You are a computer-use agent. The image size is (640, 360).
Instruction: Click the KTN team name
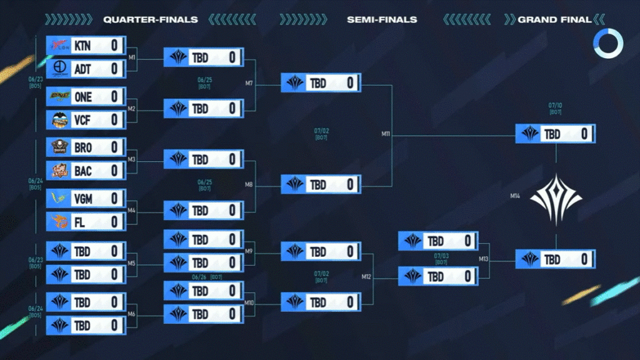coord(82,46)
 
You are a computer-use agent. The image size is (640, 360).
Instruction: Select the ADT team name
coord(82,69)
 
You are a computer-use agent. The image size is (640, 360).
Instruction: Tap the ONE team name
coord(82,97)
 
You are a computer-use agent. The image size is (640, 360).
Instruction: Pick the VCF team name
coord(82,119)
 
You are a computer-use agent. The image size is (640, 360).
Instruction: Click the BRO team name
coord(82,147)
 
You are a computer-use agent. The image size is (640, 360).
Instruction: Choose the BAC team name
coord(82,171)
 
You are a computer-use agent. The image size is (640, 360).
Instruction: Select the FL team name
coord(79,222)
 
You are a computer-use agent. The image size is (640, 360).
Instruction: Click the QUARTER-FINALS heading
coord(151,19)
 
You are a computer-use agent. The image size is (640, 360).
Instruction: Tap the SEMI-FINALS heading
coord(382,19)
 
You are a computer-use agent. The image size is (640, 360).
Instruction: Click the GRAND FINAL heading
coord(554,19)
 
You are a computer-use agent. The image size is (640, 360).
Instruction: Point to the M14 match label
coord(515,196)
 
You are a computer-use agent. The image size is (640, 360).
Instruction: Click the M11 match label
coord(386,134)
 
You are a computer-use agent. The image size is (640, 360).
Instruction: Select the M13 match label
coord(484,259)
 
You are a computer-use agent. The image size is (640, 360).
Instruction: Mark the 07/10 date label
coord(555,106)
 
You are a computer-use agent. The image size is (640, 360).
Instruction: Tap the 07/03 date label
coord(441,256)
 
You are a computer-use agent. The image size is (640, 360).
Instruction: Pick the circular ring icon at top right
coord(608,43)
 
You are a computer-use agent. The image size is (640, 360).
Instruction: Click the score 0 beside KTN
coord(115,46)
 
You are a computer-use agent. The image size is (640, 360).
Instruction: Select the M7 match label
coord(249,83)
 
